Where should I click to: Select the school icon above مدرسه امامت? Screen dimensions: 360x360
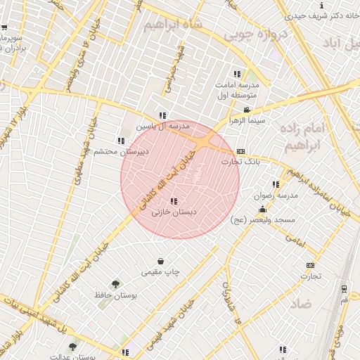click(237, 73)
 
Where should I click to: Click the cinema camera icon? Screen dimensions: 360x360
click(246, 110)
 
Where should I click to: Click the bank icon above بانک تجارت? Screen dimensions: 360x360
click(241, 151)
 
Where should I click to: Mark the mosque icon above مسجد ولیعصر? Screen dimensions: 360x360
click(263, 210)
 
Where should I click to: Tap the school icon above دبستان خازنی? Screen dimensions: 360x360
click(174, 202)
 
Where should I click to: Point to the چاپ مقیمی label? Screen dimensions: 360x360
click(161, 271)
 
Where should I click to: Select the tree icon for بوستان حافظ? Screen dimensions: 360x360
click(115, 284)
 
